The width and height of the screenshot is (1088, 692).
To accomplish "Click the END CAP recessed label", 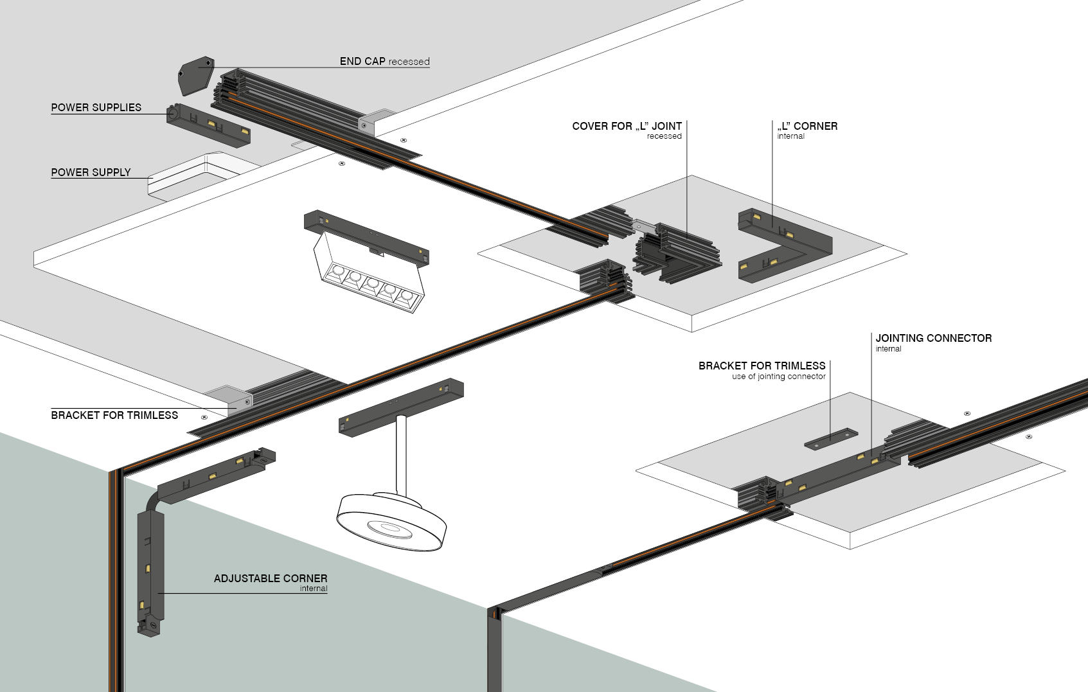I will coord(384,61).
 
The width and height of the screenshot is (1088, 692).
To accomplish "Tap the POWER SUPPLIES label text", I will coord(96,107).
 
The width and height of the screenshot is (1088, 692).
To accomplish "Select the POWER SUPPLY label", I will coord(91,172).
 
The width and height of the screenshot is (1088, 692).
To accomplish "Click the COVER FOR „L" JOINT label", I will coord(627,126).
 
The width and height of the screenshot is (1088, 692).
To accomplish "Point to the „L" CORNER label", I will coord(807,126).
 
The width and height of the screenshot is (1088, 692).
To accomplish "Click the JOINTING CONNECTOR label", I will coord(933,338).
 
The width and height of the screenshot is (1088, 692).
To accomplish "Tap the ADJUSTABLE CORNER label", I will coord(271,578).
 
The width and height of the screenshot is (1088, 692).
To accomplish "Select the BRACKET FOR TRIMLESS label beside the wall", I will coord(114,415).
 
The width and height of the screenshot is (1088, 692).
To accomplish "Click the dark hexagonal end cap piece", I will coord(195,75).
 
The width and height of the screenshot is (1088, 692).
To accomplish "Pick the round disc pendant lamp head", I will coord(391,521).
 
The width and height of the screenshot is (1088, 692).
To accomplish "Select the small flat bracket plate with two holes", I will coord(831,439).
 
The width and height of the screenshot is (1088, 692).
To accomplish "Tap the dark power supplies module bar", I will coord(208,124).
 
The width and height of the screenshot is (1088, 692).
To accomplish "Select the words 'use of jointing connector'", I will coord(778,377).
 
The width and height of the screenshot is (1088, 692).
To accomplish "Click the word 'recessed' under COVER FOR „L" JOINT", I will coord(664,136).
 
